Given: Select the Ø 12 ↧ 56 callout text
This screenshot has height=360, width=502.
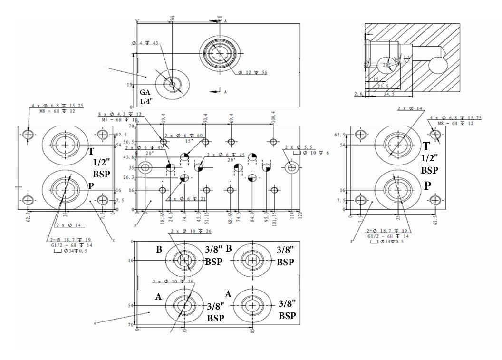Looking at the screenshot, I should pyautogui.click(x=253, y=72).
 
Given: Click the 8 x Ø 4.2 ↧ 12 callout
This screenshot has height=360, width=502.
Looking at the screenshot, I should pyautogui.click(x=120, y=115).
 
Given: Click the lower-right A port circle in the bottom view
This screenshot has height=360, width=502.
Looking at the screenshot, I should pyautogui.click(x=252, y=305).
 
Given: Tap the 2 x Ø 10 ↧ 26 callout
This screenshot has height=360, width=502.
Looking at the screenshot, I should pyautogui.click(x=191, y=232).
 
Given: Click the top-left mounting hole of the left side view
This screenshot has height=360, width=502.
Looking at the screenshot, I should pyautogui.click(x=29, y=136).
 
